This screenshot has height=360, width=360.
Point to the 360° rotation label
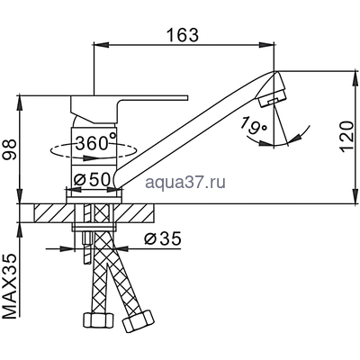(x=96, y=143)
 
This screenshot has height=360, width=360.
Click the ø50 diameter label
(x=94, y=179)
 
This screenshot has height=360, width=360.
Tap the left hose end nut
(x=92, y=321)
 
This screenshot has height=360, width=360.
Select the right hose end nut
(x=140, y=321)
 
